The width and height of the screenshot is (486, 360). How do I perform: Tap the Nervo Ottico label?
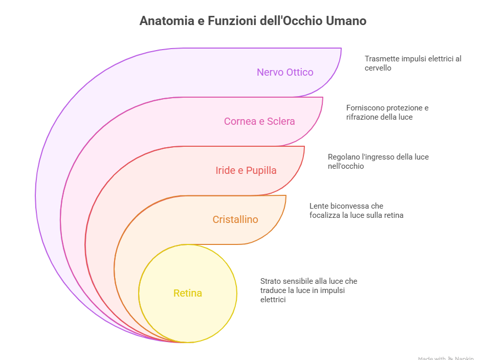pyautogui.click(x=285, y=72)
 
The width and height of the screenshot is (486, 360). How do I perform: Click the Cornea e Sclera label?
pyautogui.click(x=259, y=121)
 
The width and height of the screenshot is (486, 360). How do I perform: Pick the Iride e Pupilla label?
pyautogui.click(x=246, y=170)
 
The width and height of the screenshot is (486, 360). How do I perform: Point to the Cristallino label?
pyautogui.click(x=235, y=219)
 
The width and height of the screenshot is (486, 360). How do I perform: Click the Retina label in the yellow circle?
pyautogui.click(x=188, y=293)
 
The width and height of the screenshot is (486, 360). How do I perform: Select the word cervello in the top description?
pyautogui.click(x=378, y=68)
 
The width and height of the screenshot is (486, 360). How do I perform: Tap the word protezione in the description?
pyautogui.click(x=403, y=108)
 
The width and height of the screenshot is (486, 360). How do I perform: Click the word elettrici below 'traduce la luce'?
pyautogui.click(x=273, y=300)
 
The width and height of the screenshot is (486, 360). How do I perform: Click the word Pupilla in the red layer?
pyautogui.click(x=261, y=170)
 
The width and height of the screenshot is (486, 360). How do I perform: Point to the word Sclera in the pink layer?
pyautogui.click(x=281, y=121)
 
